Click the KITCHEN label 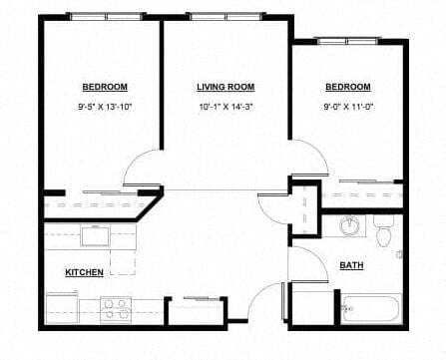click(84, 272)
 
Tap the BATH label click(351, 265)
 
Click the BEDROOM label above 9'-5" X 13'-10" click(103, 87)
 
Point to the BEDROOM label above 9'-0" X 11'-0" click(347, 87)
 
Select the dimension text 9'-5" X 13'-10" click(103, 107)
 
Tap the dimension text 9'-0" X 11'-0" click(347, 107)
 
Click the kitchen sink click(96, 236)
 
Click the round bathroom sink click(350, 226)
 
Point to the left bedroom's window click(107, 17)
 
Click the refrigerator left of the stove click(62, 306)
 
